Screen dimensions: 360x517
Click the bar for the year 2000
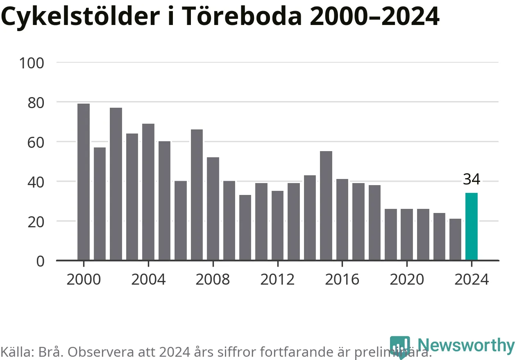[x=84, y=182]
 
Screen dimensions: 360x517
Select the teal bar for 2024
[x=472, y=226]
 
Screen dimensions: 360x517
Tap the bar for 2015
[x=326, y=206]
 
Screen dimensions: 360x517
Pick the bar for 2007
[x=197, y=195]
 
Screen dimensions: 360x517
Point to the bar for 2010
[x=245, y=228]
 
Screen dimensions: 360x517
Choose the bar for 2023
[x=455, y=240]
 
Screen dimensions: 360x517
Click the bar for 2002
[x=116, y=184]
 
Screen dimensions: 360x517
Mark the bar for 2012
[x=277, y=226]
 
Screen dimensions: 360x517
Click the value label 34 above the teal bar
[x=472, y=179]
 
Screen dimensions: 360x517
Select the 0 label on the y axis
[x=40, y=261]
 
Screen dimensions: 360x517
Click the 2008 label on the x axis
[x=213, y=280]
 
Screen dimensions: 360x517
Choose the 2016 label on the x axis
[x=342, y=280]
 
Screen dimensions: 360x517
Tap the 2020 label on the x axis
[x=407, y=280]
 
